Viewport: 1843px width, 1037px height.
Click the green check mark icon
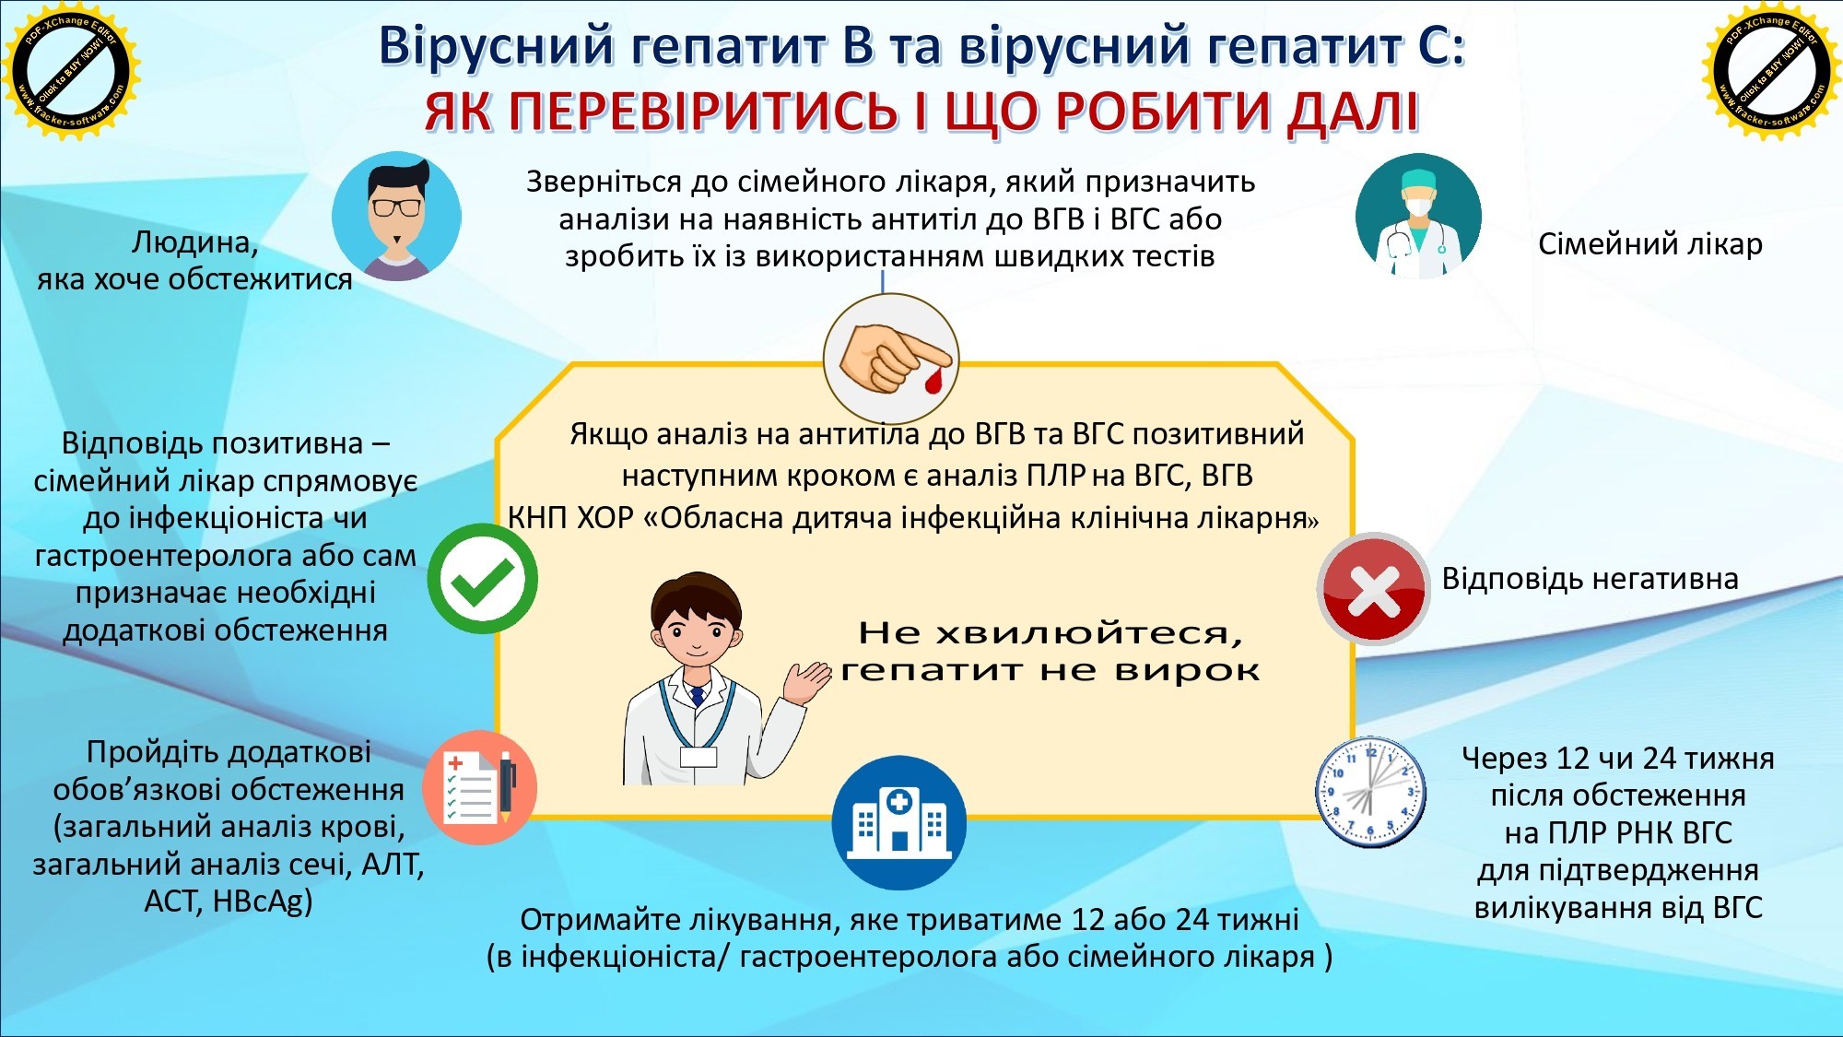point(482,579)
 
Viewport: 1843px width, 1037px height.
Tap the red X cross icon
point(1373,588)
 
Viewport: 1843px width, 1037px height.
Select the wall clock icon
point(1370,793)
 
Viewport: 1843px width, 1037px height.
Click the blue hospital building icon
point(898,822)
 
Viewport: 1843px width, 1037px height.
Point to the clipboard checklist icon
point(479,788)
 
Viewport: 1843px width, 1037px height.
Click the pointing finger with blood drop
point(891,358)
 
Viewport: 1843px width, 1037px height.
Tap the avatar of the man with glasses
point(396,217)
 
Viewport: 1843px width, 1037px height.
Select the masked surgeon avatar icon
point(1418,217)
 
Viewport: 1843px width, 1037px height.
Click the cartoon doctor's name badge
point(698,757)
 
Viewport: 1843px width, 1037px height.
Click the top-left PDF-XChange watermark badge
point(70,70)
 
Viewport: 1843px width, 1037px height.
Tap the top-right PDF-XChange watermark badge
point(1771,70)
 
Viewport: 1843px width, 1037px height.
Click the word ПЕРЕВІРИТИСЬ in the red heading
point(702,112)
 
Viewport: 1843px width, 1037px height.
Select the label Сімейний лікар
point(1649,244)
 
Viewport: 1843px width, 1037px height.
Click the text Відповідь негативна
point(1590,579)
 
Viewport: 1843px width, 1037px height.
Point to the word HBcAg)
point(263,901)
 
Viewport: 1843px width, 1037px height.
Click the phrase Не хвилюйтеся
point(1051,633)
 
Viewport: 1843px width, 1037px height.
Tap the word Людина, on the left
point(194,242)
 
